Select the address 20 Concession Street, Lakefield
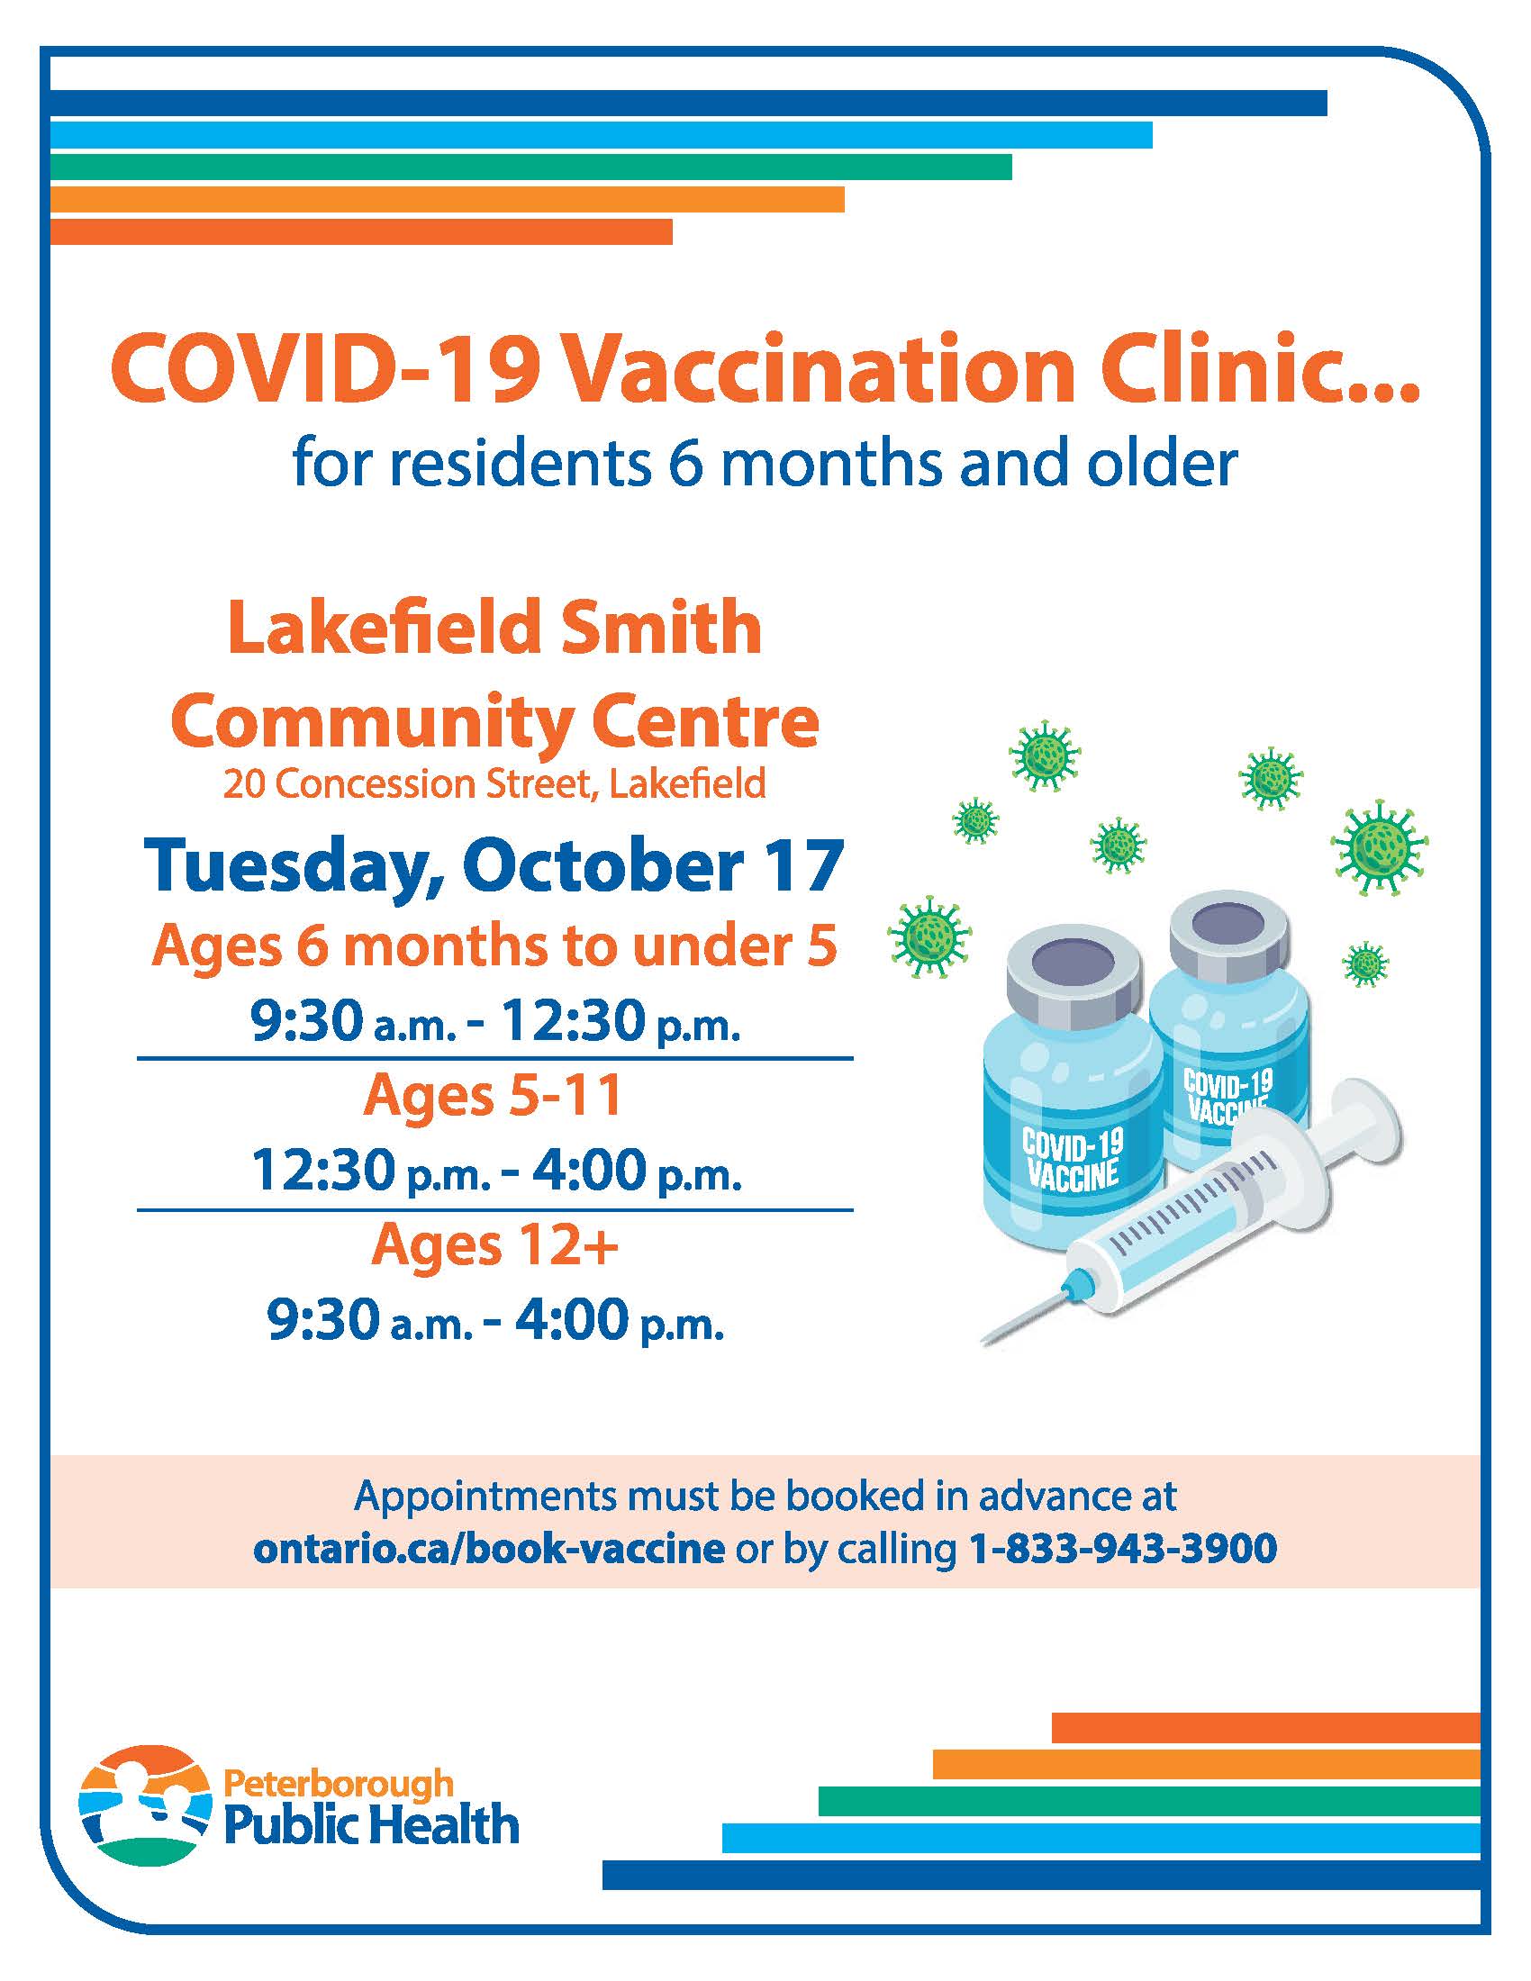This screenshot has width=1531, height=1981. coord(495,783)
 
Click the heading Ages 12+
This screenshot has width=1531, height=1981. coord(495,1245)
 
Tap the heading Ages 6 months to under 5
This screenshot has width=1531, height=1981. coord(495,947)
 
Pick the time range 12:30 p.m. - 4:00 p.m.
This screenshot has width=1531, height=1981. coord(497,1171)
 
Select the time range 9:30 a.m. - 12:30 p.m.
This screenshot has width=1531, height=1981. coord(496,1022)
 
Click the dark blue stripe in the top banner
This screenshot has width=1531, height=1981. coord(689,104)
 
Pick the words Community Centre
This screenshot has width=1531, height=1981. coord(495,720)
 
